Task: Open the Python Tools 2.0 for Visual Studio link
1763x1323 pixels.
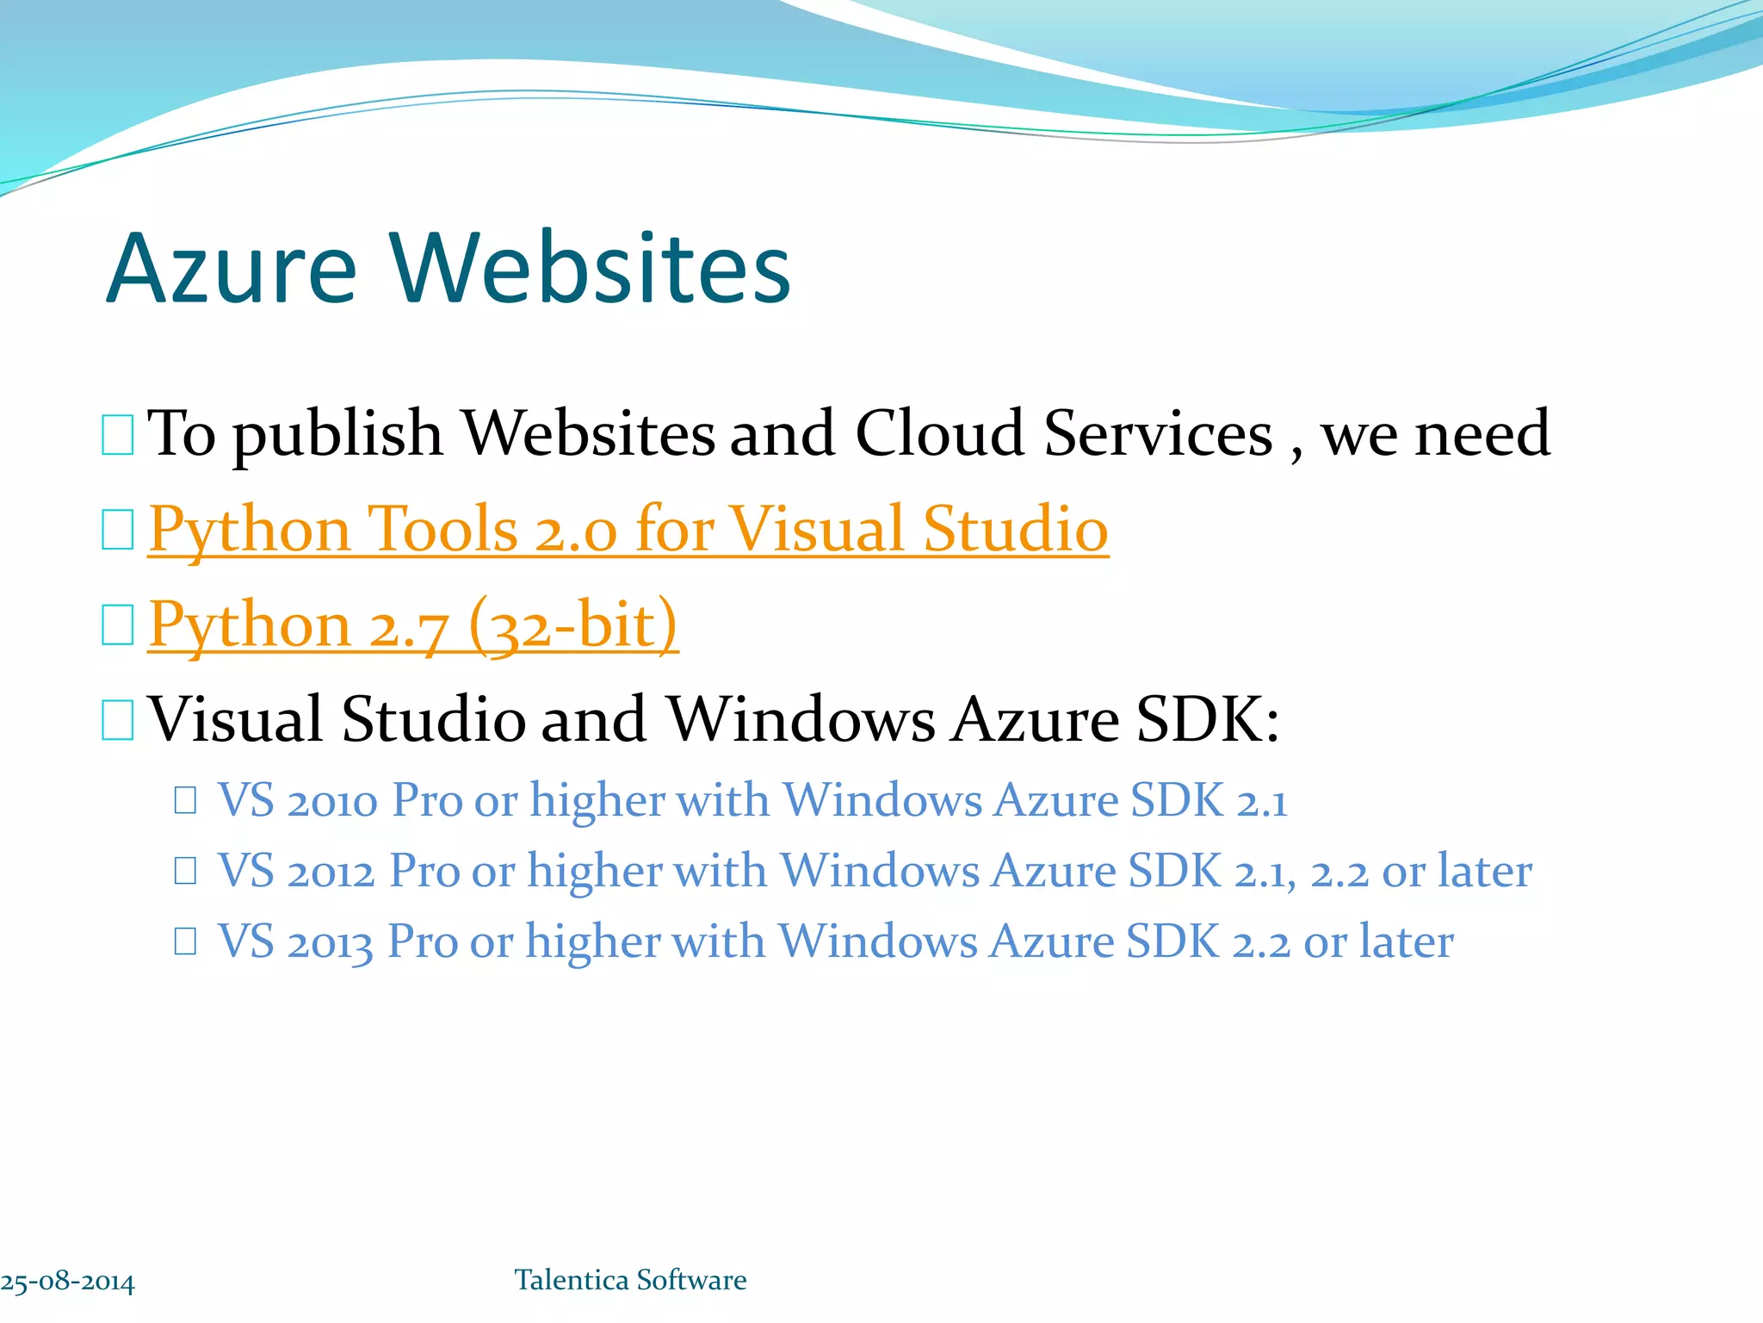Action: [x=628, y=529]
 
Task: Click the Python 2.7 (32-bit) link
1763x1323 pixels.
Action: [x=412, y=624]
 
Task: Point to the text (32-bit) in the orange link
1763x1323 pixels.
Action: [x=574, y=624]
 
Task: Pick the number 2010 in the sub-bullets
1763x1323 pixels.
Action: [x=332, y=801]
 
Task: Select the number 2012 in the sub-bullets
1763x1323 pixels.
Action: [x=331, y=872]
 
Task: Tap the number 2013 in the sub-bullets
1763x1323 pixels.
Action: [x=330, y=942]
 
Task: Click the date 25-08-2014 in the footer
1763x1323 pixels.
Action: [x=68, y=1282]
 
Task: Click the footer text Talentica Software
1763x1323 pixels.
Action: [x=630, y=1280]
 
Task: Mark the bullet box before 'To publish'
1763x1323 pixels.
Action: [x=117, y=434]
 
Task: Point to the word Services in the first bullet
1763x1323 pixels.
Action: [x=1158, y=433]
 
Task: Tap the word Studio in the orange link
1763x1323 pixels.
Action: [x=1016, y=529]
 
